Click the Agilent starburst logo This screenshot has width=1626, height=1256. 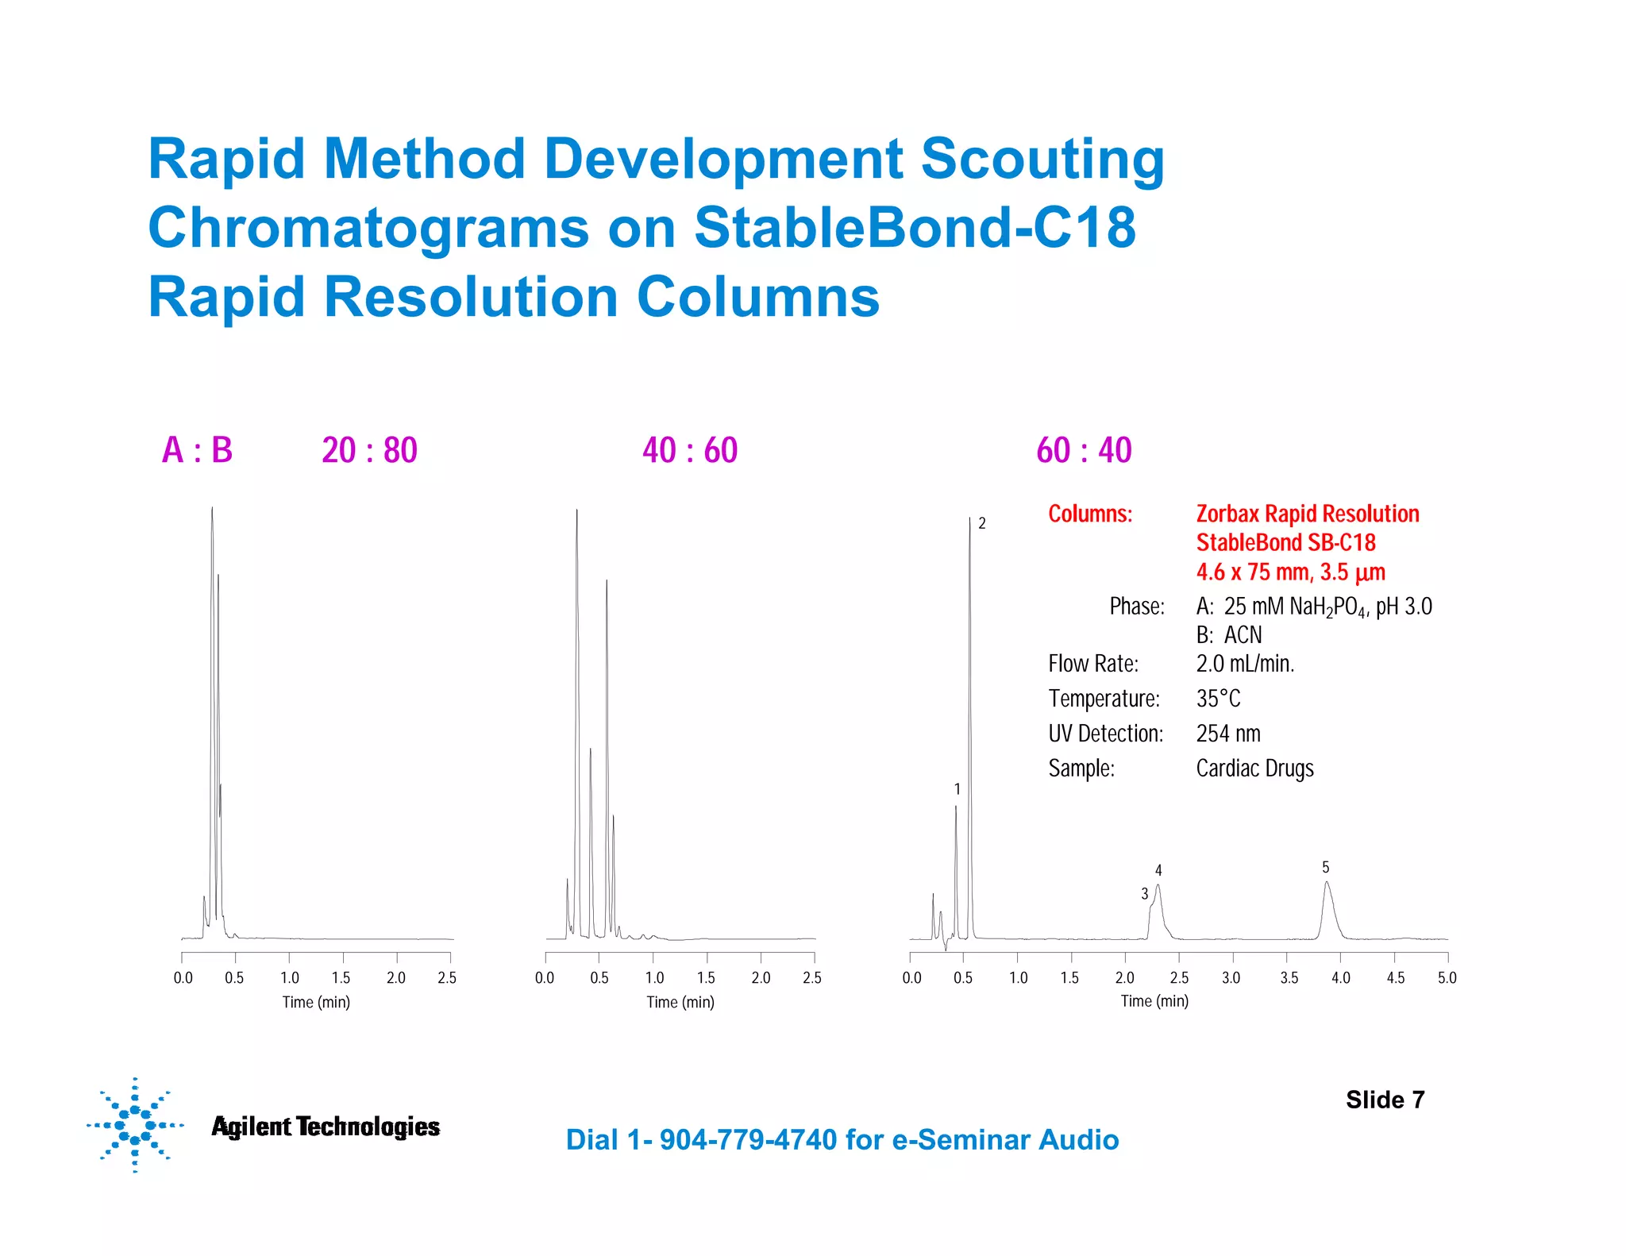(135, 1124)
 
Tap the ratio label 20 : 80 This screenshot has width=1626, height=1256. (369, 450)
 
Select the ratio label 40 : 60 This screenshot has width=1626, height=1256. (690, 450)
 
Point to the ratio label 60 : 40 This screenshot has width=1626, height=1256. (1084, 450)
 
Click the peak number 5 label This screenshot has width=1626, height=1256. (1325, 867)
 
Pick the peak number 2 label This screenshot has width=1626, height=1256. (982, 523)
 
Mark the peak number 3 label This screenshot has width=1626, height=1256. (1144, 894)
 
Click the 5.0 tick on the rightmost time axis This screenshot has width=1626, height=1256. (1447, 977)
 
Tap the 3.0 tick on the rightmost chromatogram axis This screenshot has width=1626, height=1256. (1231, 977)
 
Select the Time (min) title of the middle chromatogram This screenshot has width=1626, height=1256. (680, 1002)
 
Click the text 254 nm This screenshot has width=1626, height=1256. (1228, 734)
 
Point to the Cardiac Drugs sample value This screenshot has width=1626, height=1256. (1254, 769)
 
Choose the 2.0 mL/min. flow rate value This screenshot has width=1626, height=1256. (1245, 664)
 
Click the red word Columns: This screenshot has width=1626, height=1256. (1090, 514)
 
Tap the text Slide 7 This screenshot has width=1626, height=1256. (1385, 1100)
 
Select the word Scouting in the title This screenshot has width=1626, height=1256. (1042, 159)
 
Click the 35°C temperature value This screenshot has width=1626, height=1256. (1218, 699)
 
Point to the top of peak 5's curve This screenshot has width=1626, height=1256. (1326, 882)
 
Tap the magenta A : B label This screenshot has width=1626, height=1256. (197, 450)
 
